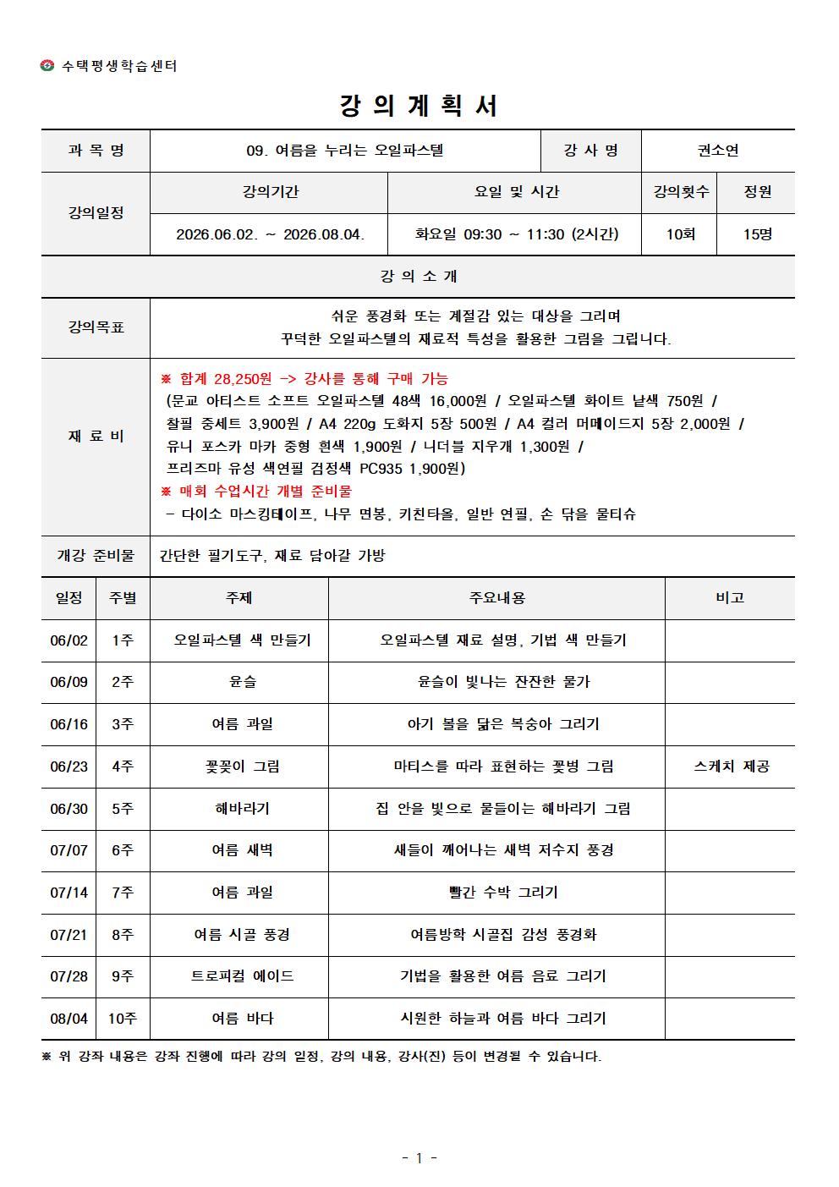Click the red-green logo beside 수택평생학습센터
pos(47,66)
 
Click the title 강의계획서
pos(419,106)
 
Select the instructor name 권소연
pos(717,151)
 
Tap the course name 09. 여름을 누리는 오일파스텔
pos(345,151)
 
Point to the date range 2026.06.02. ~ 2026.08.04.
pos(270,234)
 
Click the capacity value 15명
pos(757,234)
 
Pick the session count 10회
pos(680,234)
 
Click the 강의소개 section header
pos(419,277)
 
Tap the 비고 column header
pos(729,598)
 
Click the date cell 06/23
pos(69,767)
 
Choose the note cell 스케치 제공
pos(731,767)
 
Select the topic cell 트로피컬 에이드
pos(243,976)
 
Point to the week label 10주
pos(123,1019)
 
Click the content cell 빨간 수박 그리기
pos(503,893)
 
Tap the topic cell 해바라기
pos(243,809)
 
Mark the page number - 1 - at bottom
pos(419,1158)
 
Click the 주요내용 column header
pos(497,598)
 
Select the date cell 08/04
pos(69,1019)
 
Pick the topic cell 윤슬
pos(243,682)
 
